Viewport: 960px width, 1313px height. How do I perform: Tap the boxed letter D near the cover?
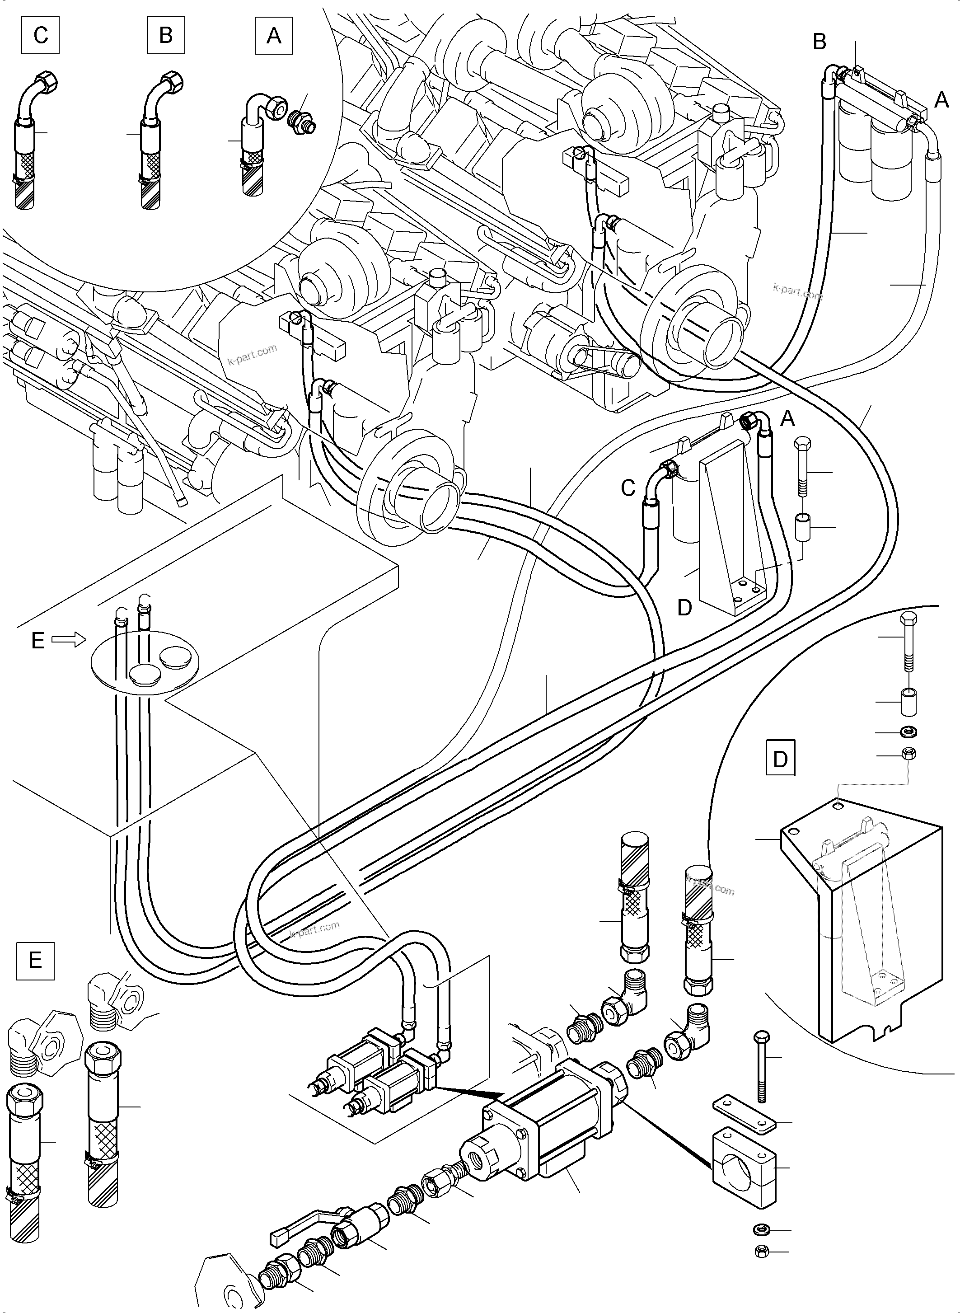point(781,759)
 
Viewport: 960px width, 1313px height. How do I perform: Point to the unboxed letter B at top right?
point(820,42)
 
